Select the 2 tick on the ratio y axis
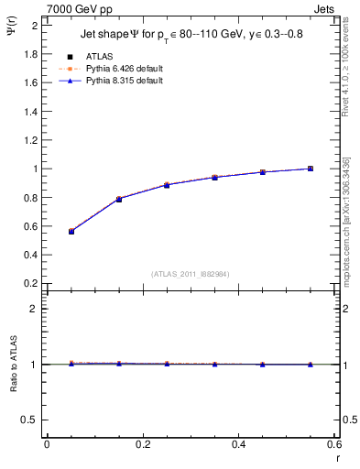click(x=35, y=309)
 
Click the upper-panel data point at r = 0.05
click(x=71, y=232)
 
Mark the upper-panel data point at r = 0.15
click(x=119, y=199)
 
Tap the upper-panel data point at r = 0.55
click(x=311, y=169)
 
